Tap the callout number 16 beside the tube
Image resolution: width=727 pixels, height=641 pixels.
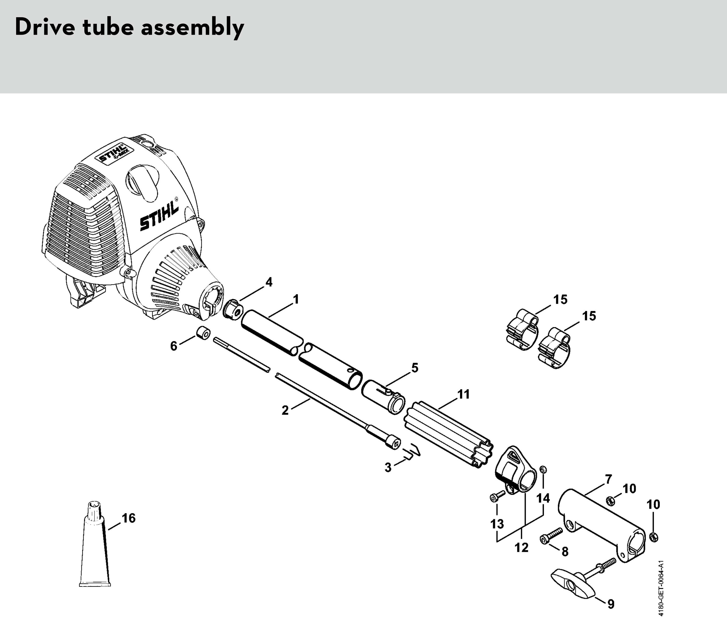click(129, 518)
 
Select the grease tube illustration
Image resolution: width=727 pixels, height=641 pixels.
click(94, 544)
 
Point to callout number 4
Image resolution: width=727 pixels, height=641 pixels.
click(269, 282)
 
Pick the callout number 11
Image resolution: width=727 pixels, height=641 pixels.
click(463, 394)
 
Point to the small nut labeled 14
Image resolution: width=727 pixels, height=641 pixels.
click(543, 470)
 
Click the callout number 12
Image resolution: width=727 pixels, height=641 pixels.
click(521, 548)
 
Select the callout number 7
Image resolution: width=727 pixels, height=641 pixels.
click(609, 480)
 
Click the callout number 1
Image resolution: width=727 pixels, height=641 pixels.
click(295, 299)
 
